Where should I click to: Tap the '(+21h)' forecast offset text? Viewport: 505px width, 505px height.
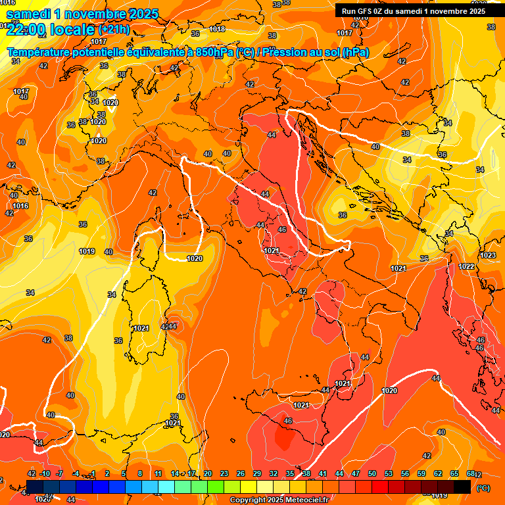[114, 30]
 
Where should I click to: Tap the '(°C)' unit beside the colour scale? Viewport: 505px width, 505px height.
[483, 488]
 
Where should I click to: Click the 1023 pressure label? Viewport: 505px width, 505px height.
[487, 255]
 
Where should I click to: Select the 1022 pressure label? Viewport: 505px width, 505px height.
[467, 266]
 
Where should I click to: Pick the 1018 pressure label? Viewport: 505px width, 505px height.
[217, 29]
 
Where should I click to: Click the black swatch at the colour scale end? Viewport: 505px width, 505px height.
[462, 487]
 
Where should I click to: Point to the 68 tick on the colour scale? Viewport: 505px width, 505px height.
[471, 473]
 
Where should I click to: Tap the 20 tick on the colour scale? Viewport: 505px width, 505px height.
[208, 473]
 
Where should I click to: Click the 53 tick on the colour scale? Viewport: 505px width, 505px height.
[372, 473]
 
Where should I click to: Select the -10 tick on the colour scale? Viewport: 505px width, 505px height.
[45, 473]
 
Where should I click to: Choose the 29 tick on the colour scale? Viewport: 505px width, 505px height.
[256, 473]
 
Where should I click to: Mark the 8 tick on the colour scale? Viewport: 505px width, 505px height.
[140, 473]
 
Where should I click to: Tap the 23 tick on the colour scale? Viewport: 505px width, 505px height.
[224, 473]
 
